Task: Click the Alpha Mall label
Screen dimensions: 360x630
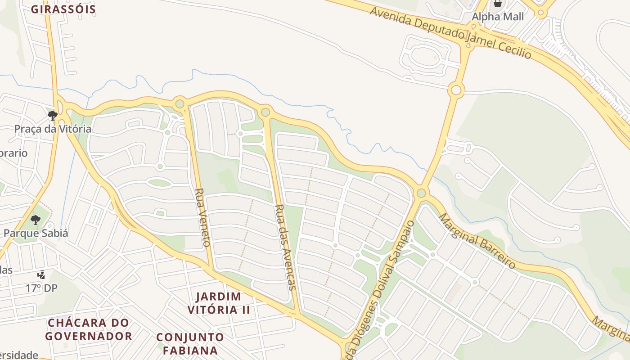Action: (x=498, y=17)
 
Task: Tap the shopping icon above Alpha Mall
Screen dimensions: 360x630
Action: (x=497, y=4)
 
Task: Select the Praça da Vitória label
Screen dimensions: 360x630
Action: (x=53, y=129)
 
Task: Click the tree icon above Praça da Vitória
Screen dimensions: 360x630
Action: (x=53, y=116)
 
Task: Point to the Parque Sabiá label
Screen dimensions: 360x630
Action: (x=36, y=233)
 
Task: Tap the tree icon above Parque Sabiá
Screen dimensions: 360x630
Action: (x=36, y=220)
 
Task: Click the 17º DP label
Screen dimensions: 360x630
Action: (x=41, y=288)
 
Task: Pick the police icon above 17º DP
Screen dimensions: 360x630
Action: (x=41, y=274)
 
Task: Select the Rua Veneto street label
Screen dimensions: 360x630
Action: (x=202, y=217)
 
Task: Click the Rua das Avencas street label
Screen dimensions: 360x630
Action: (x=286, y=247)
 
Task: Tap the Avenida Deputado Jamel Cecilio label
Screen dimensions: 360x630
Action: (x=450, y=32)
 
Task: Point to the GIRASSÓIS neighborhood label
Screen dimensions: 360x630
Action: (x=63, y=9)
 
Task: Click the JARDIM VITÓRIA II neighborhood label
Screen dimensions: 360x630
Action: (x=219, y=303)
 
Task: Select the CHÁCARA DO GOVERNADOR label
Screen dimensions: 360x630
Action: (x=89, y=329)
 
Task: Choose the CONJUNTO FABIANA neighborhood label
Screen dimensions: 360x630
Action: (x=190, y=343)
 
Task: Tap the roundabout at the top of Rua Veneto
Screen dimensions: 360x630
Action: (x=180, y=104)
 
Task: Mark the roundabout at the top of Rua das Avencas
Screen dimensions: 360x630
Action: (x=265, y=112)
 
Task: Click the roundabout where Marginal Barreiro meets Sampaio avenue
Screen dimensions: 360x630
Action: (x=421, y=193)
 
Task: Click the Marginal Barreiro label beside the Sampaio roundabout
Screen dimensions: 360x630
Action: (x=477, y=241)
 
